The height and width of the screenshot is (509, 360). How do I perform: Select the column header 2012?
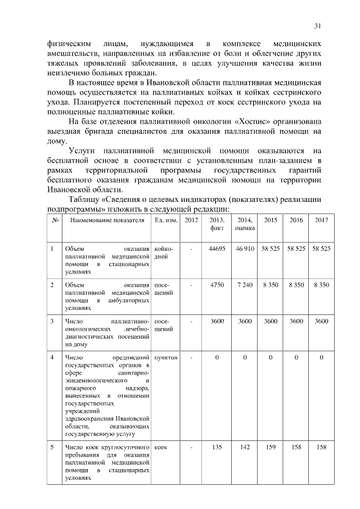pyautogui.click(x=191, y=220)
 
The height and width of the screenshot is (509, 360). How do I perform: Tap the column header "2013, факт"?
pyautogui.click(x=217, y=224)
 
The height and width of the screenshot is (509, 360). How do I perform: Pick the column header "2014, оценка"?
pyautogui.click(x=245, y=224)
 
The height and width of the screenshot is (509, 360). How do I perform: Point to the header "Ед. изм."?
pyautogui.click(x=165, y=220)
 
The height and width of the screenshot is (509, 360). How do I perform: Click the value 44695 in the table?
pyautogui.click(x=217, y=249)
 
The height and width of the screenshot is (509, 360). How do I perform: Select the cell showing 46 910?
pyautogui.click(x=245, y=249)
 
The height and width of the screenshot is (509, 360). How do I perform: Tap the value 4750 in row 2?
pyautogui.click(x=217, y=285)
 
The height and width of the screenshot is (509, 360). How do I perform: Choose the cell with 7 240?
pyautogui.click(x=245, y=285)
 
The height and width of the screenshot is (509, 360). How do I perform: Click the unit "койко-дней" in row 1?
pyautogui.click(x=164, y=253)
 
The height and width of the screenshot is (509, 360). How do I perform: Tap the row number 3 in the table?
pyautogui.click(x=52, y=321)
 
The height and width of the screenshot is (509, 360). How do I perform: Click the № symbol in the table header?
pyautogui.click(x=55, y=220)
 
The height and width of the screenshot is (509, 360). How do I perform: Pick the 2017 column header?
pyautogui.click(x=321, y=220)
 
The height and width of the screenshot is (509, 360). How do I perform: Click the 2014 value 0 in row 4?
pyautogui.click(x=245, y=358)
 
